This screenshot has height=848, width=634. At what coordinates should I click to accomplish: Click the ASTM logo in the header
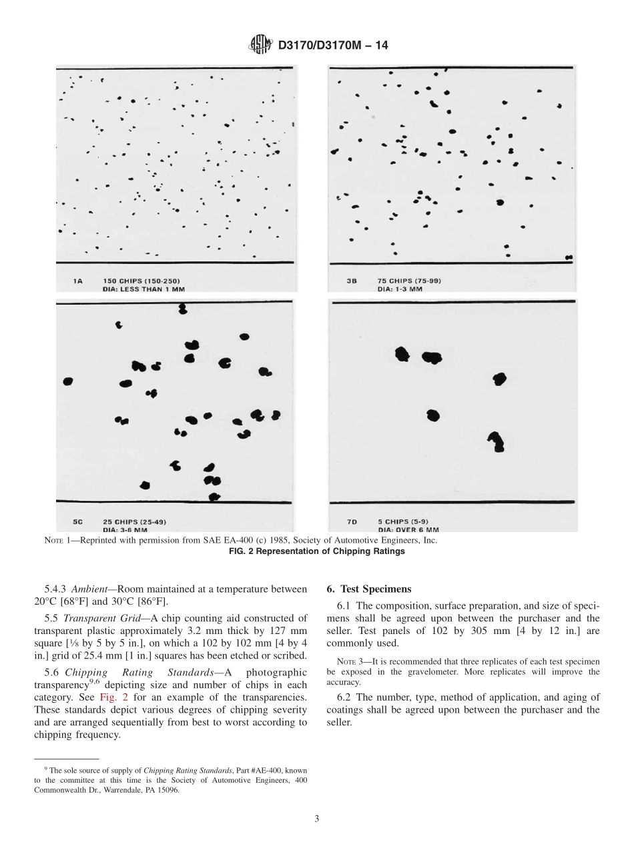tap(260, 45)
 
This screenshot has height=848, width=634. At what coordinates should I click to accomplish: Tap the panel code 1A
tap(77, 281)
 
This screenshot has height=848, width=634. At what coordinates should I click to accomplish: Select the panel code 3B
tap(351, 281)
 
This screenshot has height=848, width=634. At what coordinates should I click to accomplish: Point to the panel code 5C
tap(77, 521)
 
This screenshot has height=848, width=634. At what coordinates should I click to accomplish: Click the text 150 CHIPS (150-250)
tap(141, 281)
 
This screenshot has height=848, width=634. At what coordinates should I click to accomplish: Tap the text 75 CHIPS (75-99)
tap(408, 281)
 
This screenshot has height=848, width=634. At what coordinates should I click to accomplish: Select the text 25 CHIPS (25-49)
tap(129, 521)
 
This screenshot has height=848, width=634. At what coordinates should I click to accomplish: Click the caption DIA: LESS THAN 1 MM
tap(143, 289)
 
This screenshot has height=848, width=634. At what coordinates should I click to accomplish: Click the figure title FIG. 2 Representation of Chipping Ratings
tap(316, 551)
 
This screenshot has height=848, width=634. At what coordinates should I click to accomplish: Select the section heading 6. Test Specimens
tap(368, 589)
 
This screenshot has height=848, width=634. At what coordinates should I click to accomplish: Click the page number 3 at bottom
tap(316, 819)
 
